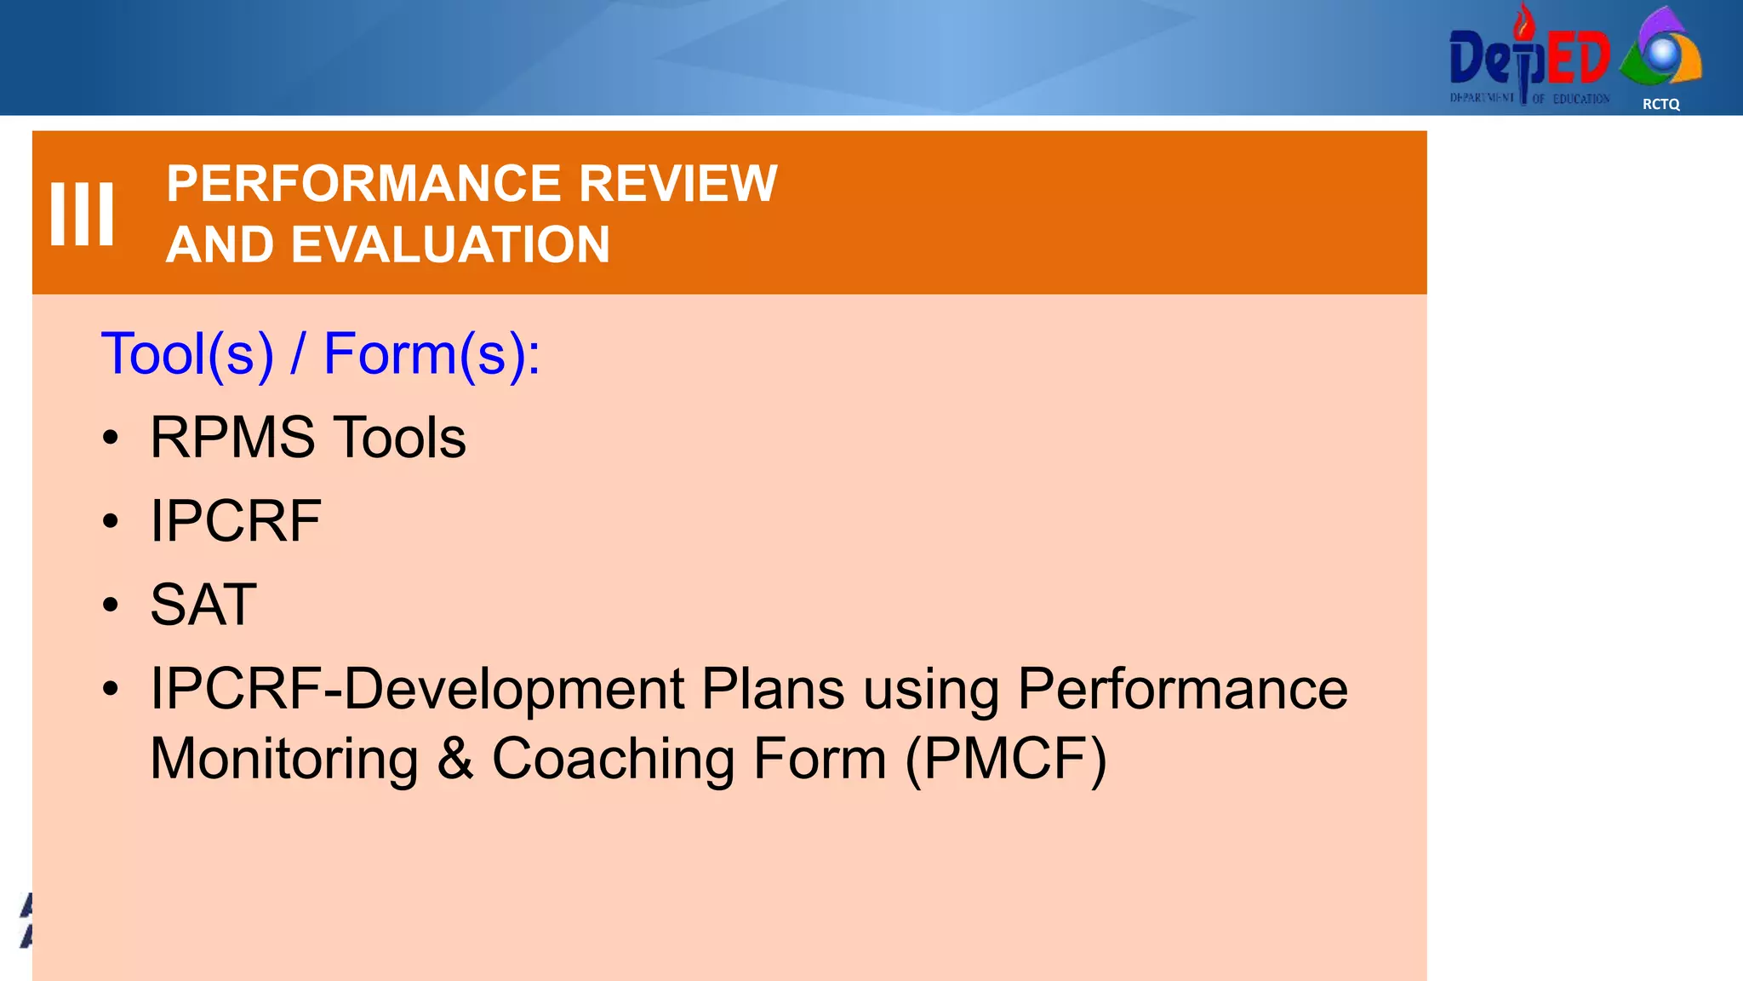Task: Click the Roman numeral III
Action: click(82, 214)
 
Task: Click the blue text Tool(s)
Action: click(187, 353)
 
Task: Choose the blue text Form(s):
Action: click(431, 353)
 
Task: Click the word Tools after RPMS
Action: click(399, 438)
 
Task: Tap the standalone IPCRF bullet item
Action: click(236, 521)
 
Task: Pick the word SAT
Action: click(203, 605)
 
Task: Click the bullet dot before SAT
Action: click(111, 605)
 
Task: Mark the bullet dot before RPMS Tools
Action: click(111, 439)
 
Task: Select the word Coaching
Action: click(613, 759)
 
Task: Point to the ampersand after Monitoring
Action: click(455, 759)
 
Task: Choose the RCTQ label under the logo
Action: click(1660, 104)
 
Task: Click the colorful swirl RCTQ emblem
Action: click(1660, 49)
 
